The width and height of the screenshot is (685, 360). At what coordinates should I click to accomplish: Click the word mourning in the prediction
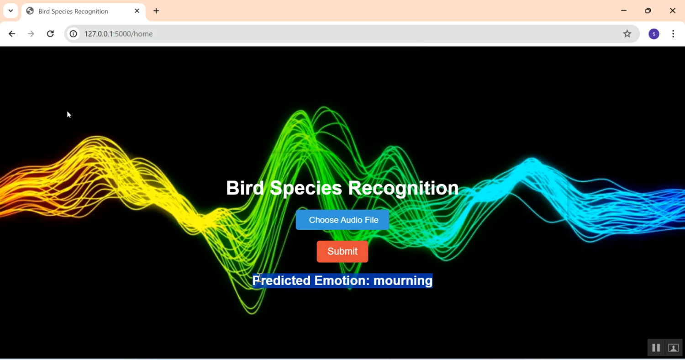tap(403, 281)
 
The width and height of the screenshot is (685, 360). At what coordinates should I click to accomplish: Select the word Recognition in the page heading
tap(403, 188)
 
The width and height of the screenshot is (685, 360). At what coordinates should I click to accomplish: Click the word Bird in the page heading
tap(245, 188)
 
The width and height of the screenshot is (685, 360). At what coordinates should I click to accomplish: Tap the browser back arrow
tap(11, 34)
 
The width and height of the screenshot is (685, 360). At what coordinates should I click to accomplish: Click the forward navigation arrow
tap(31, 34)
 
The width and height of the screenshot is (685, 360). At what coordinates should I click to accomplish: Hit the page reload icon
tap(50, 34)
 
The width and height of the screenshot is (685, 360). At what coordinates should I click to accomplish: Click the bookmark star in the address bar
tap(627, 34)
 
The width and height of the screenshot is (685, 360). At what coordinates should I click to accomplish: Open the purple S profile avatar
tap(654, 34)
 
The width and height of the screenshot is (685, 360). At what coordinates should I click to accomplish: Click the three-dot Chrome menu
tap(673, 34)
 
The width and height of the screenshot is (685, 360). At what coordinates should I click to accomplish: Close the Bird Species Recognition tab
tap(137, 11)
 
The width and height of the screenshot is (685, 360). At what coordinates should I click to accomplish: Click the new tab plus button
tap(156, 11)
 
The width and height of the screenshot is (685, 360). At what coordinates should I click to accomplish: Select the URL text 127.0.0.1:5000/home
tap(118, 34)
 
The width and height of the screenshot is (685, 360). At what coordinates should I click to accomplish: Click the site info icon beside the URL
tap(74, 34)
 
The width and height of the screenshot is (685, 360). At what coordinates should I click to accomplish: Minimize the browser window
tap(624, 11)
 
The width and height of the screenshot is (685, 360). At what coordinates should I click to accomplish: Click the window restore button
tap(648, 11)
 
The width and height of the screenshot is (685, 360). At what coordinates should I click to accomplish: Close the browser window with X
tap(673, 11)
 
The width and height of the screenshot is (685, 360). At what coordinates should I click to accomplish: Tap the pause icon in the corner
tap(656, 348)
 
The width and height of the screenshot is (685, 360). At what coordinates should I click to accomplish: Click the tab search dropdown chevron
tap(11, 11)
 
